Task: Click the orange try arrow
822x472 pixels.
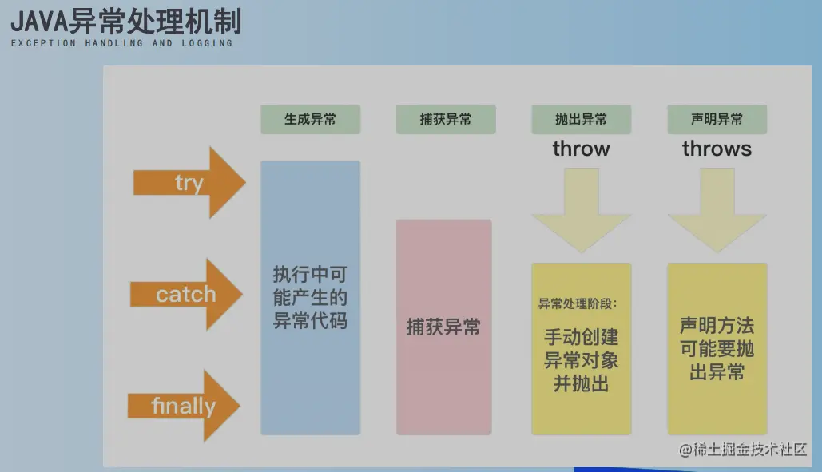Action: pyautogui.click(x=189, y=183)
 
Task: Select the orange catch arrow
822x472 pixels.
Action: pyautogui.click(x=186, y=295)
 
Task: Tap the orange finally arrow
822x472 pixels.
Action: pyautogui.click(x=184, y=406)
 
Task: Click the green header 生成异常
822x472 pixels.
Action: pyautogui.click(x=310, y=119)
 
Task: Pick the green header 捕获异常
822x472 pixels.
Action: pyautogui.click(x=446, y=119)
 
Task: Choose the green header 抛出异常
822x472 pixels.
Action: pyautogui.click(x=581, y=119)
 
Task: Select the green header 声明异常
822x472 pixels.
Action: pyautogui.click(x=717, y=119)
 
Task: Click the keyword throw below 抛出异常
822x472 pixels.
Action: pyautogui.click(x=581, y=149)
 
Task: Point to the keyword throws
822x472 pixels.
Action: pyautogui.click(x=717, y=149)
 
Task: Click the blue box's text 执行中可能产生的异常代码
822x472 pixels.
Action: pyautogui.click(x=310, y=299)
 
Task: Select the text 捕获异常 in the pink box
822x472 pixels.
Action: pyautogui.click(x=443, y=327)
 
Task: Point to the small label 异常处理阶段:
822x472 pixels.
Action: pyautogui.click(x=578, y=304)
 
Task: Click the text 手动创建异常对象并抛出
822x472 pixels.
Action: pyautogui.click(x=581, y=360)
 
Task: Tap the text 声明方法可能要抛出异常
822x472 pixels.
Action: pyautogui.click(x=717, y=349)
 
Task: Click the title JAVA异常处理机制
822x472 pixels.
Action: pyautogui.click(x=125, y=20)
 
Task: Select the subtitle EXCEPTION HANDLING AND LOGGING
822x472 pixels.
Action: pyautogui.click(x=121, y=43)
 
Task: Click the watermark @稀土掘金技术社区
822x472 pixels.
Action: pyautogui.click(x=743, y=450)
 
